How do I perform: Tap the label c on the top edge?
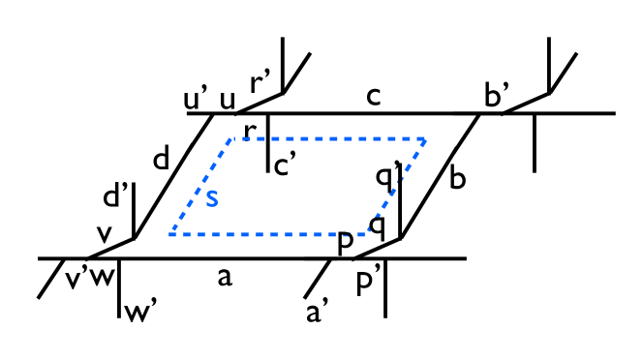(x=375, y=97)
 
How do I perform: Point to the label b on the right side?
(x=458, y=179)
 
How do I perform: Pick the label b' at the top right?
(x=499, y=95)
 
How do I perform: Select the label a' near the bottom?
(x=317, y=312)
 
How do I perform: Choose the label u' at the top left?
(x=198, y=99)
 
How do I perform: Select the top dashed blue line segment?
(x=329, y=139)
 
